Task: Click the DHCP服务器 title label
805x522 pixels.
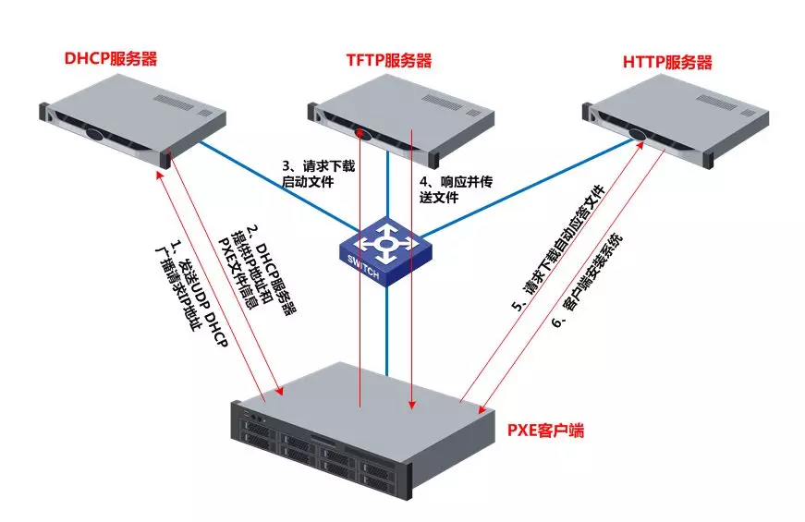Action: point(110,59)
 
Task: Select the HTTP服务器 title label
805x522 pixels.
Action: point(667,62)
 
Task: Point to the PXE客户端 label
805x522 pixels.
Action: point(544,431)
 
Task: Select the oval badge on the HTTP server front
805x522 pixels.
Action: point(639,135)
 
